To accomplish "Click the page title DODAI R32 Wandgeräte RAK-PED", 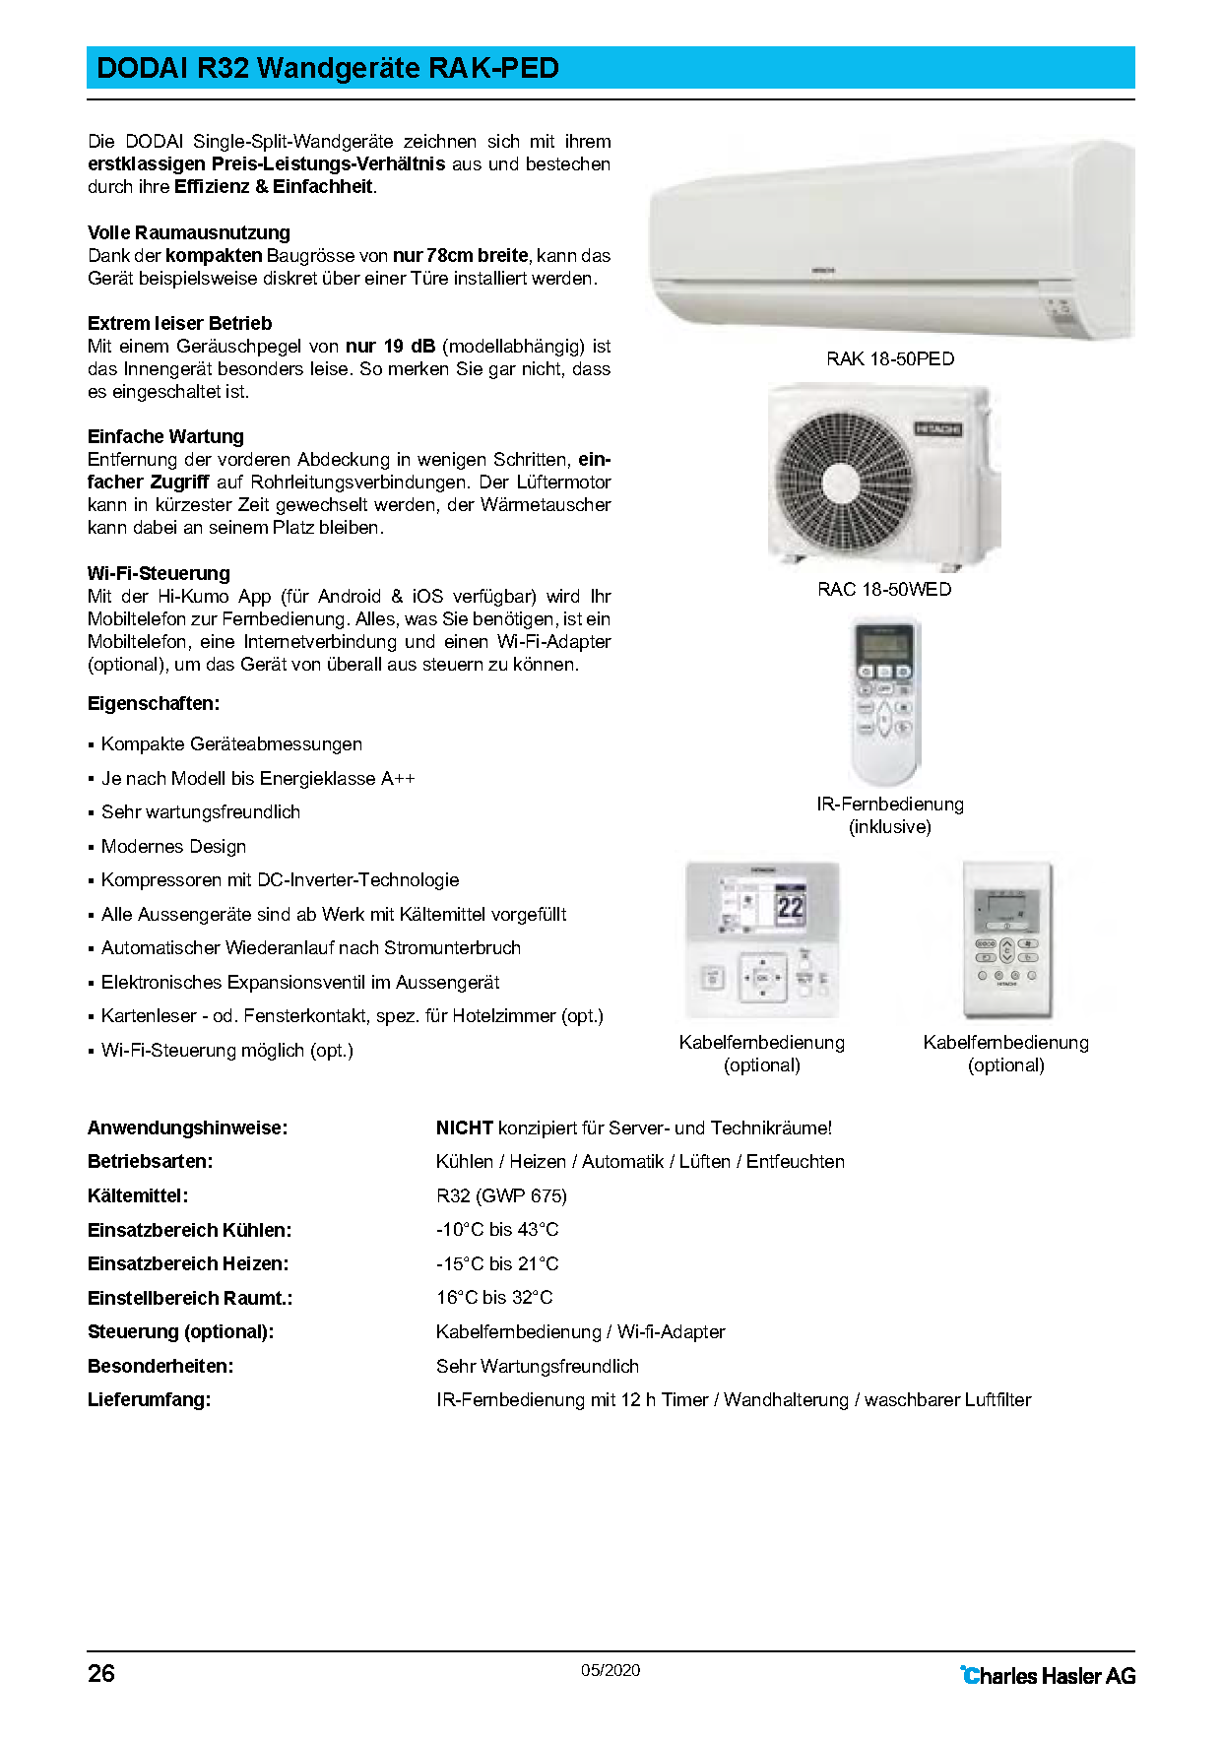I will click(x=328, y=68).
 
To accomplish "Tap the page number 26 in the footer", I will click(x=101, y=1673).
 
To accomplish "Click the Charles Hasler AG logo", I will click(x=1048, y=1675).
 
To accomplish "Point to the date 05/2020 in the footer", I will click(x=611, y=1670).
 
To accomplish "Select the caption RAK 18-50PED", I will click(x=890, y=358).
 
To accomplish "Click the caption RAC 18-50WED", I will click(x=884, y=589).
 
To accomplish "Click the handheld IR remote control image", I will click(x=884, y=701).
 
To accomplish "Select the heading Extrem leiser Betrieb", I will click(x=179, y=323).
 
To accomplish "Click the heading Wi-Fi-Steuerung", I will click(x=159, y=573).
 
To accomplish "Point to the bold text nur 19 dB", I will click(x=390, y=346).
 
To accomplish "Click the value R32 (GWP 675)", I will click(x=501, y=1195).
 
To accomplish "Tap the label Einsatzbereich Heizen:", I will click(x=188, y=1263).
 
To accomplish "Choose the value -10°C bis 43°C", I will click(x=497, y=1229).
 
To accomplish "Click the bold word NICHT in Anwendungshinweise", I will click(x=464, y=1127).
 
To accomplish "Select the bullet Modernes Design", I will click(x=173, y=846).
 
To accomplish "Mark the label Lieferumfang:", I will click(x=149, y=1399).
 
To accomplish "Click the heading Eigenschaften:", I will click(x=154, y=703).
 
